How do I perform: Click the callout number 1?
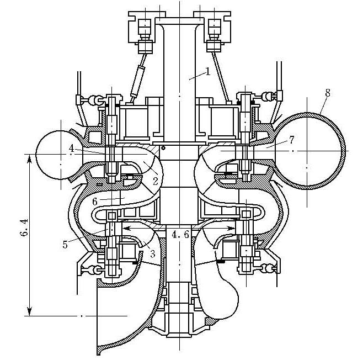point(208,72)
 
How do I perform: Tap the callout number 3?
point(153,254)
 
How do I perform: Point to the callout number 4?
point(72,149)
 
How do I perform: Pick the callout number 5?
point(65,245)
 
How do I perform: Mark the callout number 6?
point(95,202)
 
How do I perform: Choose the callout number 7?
point(291,140)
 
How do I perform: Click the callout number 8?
point(328,93)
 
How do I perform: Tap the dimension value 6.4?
point(24,227)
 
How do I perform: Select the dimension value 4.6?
point(180,235)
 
